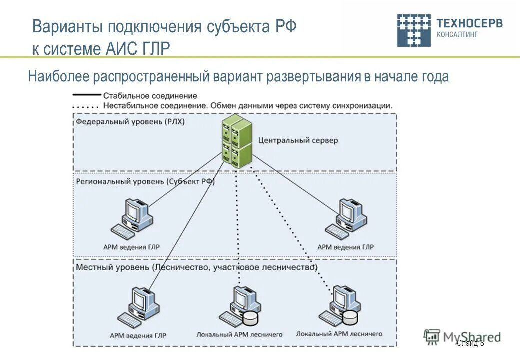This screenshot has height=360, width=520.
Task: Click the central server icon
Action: [237, 141]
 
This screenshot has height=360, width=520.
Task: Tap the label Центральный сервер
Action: [298, 140]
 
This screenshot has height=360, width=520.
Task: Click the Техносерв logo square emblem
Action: [413, 30]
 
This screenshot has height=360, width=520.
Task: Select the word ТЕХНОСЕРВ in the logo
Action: [469, 23]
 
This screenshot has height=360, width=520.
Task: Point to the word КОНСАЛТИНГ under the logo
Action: [457, 35]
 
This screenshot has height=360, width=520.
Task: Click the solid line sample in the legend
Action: [87, 95]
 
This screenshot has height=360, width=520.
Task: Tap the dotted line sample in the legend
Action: [87, 106]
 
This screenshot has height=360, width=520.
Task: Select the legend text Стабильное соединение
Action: [150, 95]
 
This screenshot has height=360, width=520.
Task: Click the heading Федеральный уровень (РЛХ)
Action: [130, 121]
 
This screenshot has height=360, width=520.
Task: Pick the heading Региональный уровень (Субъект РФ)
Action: [145, 182]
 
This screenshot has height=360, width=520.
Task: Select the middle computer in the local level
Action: [240, 305]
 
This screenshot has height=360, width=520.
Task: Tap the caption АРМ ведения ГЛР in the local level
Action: [138, 335]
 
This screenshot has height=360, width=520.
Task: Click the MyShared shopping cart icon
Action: [432, 337]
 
